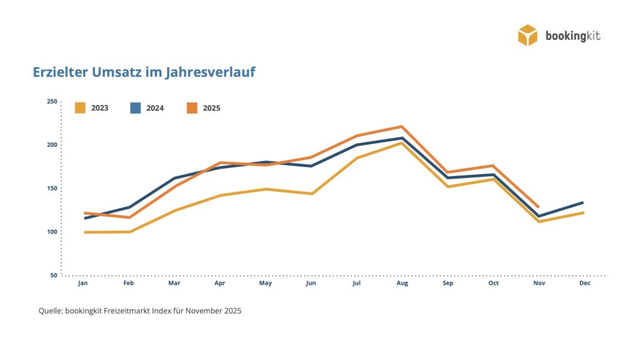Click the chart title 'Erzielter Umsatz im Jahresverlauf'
coord(144,72)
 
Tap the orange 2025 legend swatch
coord(192,107)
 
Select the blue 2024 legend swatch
coord(136,107)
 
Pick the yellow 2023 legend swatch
coord(80,107)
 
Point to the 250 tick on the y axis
coord(51,102)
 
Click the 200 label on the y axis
coord(51,145)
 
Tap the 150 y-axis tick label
coord(51,188)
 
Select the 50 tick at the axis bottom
coord(53,275)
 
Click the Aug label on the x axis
coord(402,283)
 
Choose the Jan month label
coord(82,283)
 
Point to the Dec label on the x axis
coord(584,283)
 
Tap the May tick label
coord(266,283)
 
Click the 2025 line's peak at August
coord(402,126)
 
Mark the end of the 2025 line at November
coord(538,207)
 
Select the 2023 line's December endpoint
coord(583,212)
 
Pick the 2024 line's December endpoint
coord(583,202)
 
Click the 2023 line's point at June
coord(311,194)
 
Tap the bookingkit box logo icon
coord(527,35)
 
